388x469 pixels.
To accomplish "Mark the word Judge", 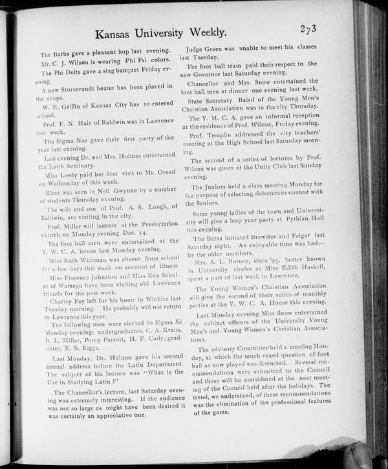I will click(x=198, y=49).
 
